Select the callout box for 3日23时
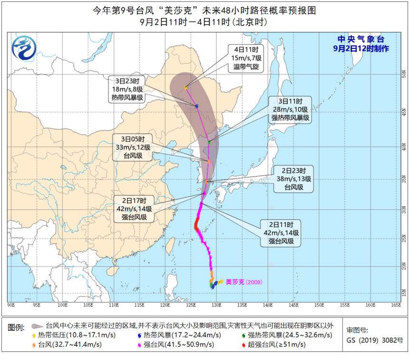tap(127, 89)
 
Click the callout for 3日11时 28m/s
tap(290, 109)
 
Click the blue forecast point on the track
tap(197, 106)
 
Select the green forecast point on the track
tap(209, 142)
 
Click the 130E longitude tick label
tap(216, 304)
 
